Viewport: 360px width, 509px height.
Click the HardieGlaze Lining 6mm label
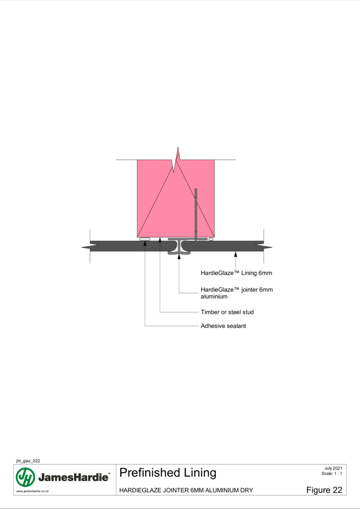coord(236,273)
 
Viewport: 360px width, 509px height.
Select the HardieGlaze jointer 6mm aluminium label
coord(237,293)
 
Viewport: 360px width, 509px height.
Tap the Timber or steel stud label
coord(227,312)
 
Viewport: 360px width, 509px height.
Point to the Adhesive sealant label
coord(223,326)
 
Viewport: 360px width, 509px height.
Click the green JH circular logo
coord(25,477)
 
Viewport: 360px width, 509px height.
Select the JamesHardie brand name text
coord(73,477)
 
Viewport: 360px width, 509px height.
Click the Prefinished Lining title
coord(168,473)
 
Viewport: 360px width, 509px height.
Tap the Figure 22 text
coord(324,490)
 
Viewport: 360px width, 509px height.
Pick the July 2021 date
coord(333,468)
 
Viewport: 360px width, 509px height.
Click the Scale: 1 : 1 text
coord(332,473)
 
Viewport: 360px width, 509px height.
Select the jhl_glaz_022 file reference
coord(28,461)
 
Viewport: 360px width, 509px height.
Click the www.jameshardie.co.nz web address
coord(32,491)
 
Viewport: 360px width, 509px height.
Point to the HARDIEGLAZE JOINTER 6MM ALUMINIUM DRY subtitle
coord(186,490)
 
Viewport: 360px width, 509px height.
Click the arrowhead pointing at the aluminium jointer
coord(179,257)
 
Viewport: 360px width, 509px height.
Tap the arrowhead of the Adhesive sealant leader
coord(145,243)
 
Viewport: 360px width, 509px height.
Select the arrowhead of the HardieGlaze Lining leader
coord(236,254)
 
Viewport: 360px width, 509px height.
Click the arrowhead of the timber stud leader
coord(160,240)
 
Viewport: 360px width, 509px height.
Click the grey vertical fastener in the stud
coord(196,214)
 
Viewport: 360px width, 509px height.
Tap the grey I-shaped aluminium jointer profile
coord(179,247)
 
